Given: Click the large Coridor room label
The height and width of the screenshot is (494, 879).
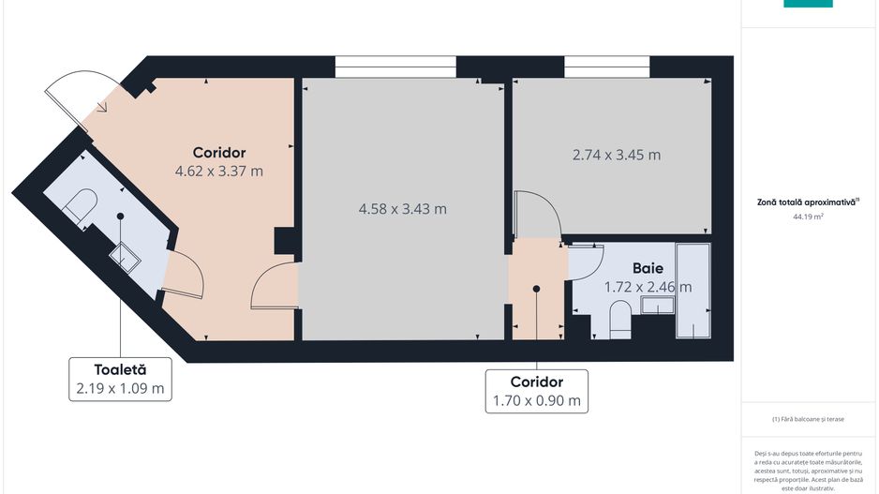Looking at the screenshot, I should [x=218, y=152].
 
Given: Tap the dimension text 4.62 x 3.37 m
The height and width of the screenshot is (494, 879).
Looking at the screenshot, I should [x=218, y=172].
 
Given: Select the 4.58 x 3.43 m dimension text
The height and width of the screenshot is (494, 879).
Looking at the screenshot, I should [x=402, y=208].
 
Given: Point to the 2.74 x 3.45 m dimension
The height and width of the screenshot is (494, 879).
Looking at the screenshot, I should [x=616, y=155].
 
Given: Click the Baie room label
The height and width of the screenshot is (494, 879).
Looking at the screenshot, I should [x=648, y=267].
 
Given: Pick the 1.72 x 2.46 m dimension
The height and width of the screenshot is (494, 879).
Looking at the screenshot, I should [x=647, y=287].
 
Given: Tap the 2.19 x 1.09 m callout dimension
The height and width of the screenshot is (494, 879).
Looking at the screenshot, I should [x=120, y=388].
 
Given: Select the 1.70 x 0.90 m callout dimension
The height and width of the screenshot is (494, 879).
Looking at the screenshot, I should [x=536, y=401].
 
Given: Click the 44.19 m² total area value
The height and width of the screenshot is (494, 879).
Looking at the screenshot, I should [x=809, y=217].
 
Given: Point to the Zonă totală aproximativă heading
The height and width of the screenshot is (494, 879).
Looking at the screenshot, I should [x=808, y=201].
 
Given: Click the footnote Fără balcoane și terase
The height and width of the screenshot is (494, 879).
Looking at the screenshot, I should [x=809, y=419].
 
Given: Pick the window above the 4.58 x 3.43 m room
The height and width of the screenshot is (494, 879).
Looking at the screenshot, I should [x=395, y=67].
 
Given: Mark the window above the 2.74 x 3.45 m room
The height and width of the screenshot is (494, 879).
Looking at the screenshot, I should [x=606, y=67].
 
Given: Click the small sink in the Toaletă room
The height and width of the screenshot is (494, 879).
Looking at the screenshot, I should [x=125, y=256].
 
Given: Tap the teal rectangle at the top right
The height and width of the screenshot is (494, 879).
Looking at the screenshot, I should [x=808, y=4].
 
